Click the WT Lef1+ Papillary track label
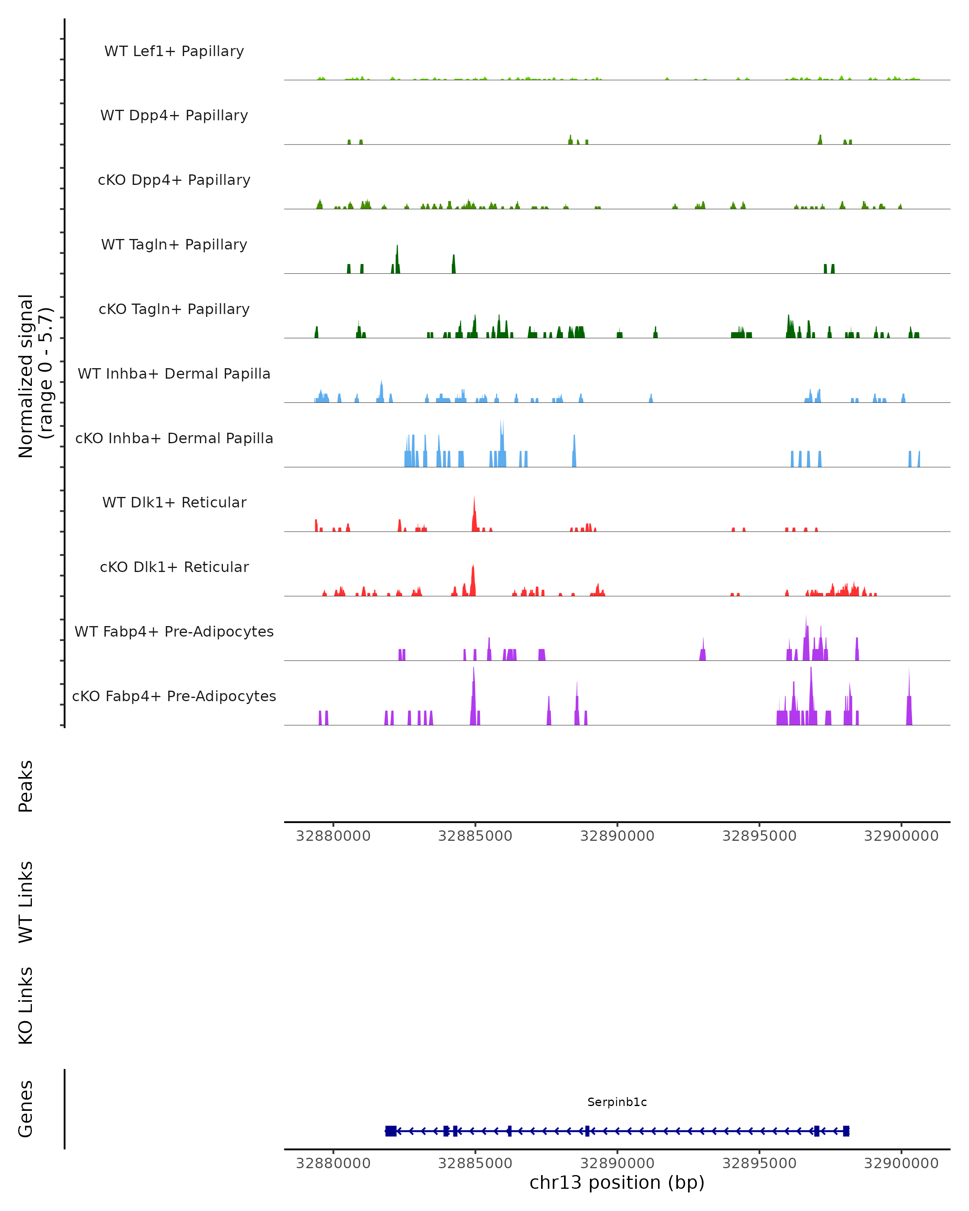[174, 51]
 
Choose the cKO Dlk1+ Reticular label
[174, 567]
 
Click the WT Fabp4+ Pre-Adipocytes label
[174, 631]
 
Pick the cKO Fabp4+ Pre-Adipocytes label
[174, 696]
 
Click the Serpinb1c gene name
[617, 1102]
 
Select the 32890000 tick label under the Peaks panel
[617, 836]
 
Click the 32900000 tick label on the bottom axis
[901, 1163]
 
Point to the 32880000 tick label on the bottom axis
[333, 1163]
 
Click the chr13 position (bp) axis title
[617, 1183]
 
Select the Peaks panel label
[26, 786]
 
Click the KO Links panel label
[26, 1006]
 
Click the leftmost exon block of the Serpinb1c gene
[391, 1131]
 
